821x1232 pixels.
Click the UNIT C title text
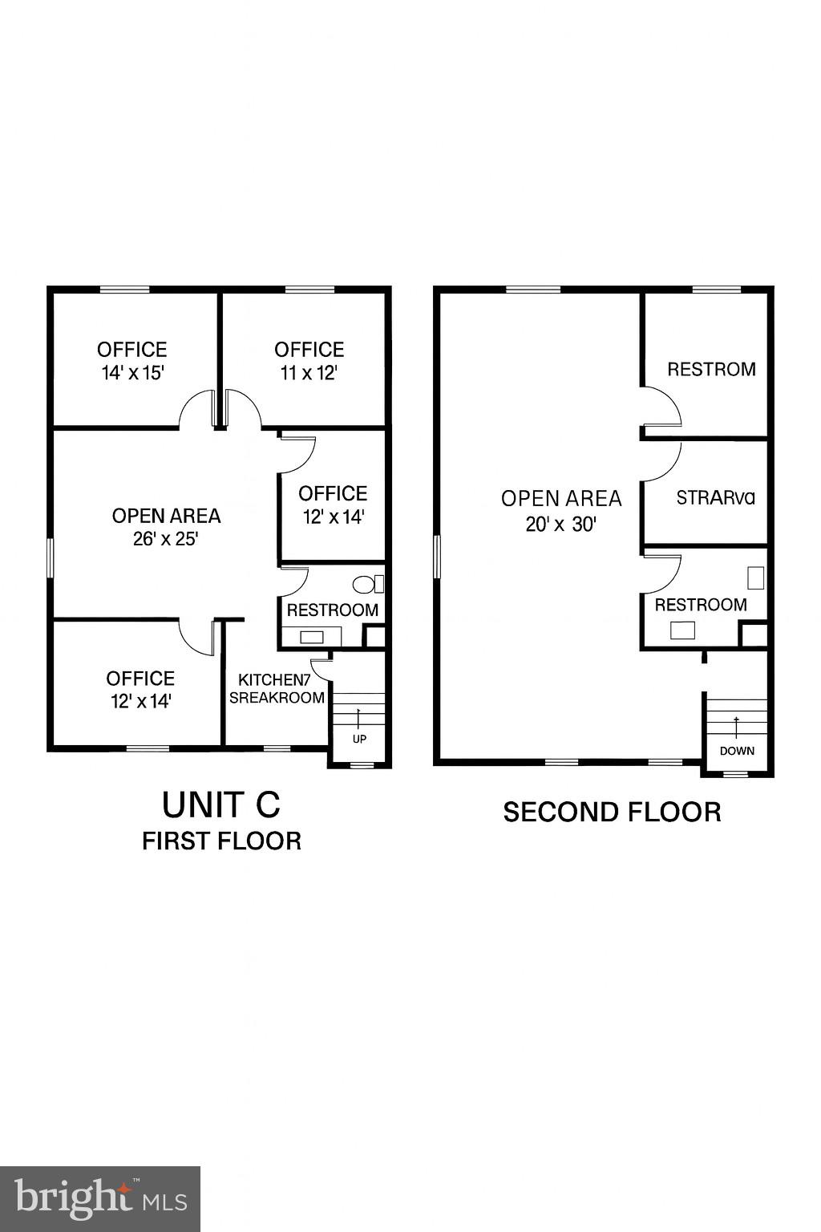point(221,804)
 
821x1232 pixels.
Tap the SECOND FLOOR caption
point(612,812)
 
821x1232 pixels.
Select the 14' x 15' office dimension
point(132,373)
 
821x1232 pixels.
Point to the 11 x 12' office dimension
point(309,373)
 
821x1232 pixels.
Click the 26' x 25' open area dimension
point(166,539)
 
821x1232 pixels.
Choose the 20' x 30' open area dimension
point(561,525)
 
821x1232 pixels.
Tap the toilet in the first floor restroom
point(365,584)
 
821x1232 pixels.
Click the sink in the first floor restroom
point(312,638)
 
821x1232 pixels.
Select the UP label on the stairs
point(359,739)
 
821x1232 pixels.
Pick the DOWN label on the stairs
point(736,752)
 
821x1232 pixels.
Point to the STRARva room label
point(715,498)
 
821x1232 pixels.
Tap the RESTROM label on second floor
point(711,370)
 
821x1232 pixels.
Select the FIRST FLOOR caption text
point(221,841)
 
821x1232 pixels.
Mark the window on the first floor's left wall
point(50,557)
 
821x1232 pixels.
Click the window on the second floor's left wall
point(437,557)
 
